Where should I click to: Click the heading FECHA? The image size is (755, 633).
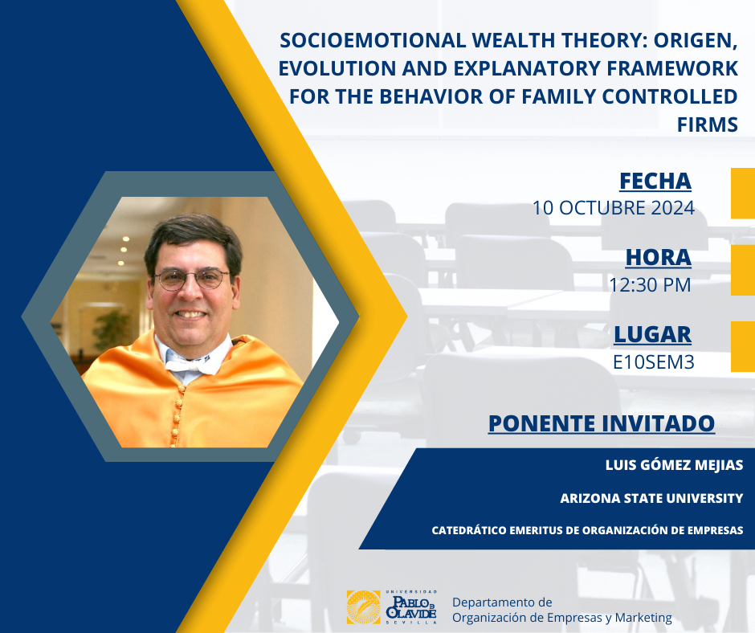point(655,182)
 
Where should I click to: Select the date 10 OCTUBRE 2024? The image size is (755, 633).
point(614,208)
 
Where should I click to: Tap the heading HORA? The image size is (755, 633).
point(659,258)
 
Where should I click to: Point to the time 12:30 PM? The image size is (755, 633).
point(650,284)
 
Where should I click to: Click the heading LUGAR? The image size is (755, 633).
point(653,335)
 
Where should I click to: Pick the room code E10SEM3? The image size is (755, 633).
point(654,362)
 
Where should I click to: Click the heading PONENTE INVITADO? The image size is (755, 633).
point(602,423)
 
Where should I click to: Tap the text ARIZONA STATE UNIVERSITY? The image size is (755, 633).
point(651,498)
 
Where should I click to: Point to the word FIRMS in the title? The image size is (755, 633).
point(708,125)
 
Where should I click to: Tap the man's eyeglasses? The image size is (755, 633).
point(191,280)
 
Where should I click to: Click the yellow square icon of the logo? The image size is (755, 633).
point(364,607)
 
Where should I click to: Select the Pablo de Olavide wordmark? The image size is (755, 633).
point(411,607)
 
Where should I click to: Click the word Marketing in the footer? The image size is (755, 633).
point(643,618)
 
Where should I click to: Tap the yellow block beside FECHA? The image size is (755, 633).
point(743,193)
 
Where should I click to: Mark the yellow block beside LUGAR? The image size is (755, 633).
point(743,346)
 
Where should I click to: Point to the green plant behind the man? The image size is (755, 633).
point(112,330)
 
